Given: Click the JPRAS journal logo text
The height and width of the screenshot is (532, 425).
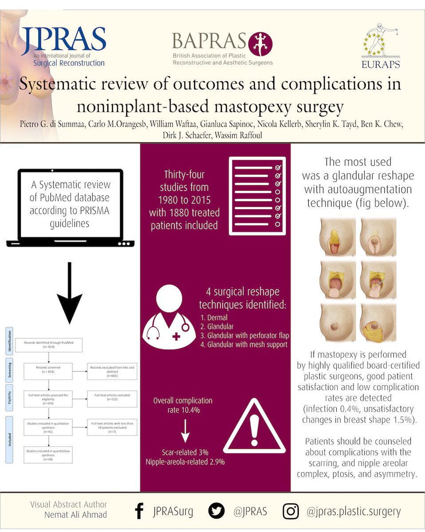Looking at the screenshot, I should coord(63,39).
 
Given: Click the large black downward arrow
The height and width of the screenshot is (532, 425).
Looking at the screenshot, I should coord(70,293).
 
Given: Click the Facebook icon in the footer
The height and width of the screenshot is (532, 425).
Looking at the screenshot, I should coord(139,512).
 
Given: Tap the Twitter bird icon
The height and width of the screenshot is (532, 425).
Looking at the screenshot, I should coord(217,512).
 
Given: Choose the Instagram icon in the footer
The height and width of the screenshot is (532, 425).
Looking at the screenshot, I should coord(291,512).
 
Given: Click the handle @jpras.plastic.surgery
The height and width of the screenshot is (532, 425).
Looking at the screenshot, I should coord(354,512).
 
